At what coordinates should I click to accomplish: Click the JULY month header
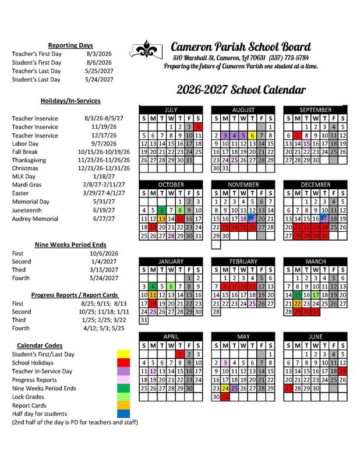[x=171, y=110]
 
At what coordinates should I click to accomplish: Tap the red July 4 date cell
[x=198, y=126]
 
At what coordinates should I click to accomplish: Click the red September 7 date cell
[x=297, y=135]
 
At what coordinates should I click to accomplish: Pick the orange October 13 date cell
[x=162, y=218]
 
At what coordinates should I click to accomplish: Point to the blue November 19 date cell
[x=252, y=218]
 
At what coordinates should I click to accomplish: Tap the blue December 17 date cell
[x=324, y=218]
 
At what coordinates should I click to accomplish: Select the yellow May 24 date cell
[x=225, y=388]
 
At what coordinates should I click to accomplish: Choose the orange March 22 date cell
[x=297, y=303]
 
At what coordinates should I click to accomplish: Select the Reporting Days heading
[x=70, y=45]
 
